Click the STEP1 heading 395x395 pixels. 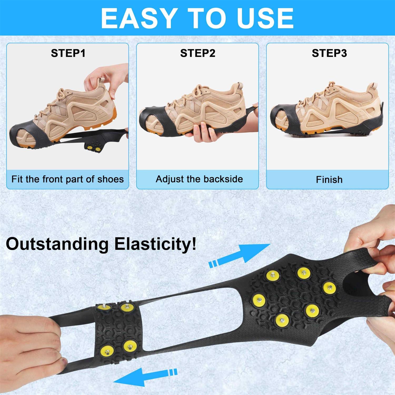[x=68, y=53]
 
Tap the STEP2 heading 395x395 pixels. [x=198, y=53]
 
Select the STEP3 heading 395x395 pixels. [x=329, y=53]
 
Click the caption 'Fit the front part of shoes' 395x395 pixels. [x=67, y=179]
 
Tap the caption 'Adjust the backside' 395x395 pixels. [x=199, y=179]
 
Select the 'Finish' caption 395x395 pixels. [x=329, y=180]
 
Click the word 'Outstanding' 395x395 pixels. [x=57, y=244]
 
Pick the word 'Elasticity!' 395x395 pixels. [x=155, y=244]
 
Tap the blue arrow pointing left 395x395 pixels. [x=145, y=376]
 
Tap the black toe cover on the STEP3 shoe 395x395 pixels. [x=283, y=116]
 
